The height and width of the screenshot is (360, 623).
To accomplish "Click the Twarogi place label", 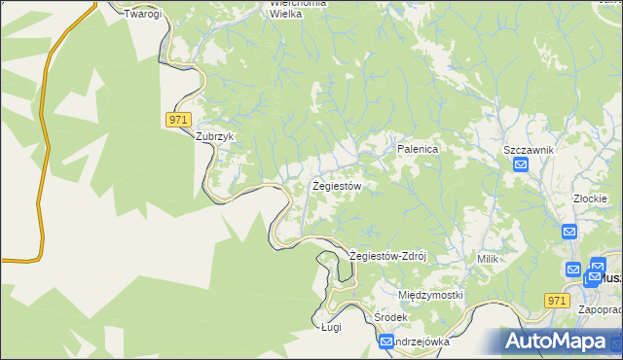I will (x=142, y=15).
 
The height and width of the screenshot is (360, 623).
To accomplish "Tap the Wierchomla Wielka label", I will (x=298, y=9).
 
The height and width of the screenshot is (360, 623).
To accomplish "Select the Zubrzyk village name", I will (x=216, y=137).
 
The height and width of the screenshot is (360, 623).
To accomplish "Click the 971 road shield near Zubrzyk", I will (x=176, y=119).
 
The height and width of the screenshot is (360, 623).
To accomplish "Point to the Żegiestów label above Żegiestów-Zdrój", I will (x=337, y=185).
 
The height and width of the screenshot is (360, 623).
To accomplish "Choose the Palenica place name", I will (x=419, y=149).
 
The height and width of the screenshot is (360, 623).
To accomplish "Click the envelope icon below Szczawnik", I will (x=521, y=165).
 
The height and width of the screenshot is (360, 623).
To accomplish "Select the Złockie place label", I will (x=592, y=198).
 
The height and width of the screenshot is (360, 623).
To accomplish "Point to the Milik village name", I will (x=488, y=259).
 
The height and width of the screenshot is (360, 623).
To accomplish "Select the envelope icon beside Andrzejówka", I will (x=386, y=342).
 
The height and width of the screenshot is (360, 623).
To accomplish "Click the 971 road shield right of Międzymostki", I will (x=557, y=302).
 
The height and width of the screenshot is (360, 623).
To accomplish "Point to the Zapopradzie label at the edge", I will (x=601, y=310).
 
